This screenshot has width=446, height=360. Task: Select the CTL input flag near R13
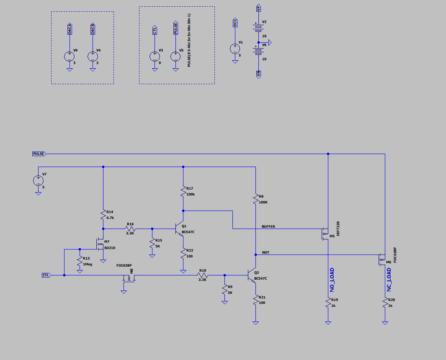[x=46, y=275]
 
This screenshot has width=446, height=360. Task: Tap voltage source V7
[x=38, y=180]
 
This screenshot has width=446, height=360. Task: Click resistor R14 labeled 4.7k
[x=103, y=215]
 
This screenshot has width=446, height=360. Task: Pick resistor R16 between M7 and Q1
[x=130, y=229]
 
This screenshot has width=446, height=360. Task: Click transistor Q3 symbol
[x=253, y=275]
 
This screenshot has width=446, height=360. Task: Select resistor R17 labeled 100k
[x=183, y=191]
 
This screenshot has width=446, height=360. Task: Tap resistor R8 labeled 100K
[x=255, y=199]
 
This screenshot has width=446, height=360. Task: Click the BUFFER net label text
[x=268, y=226]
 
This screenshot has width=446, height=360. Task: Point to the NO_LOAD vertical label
[x=332, y=280]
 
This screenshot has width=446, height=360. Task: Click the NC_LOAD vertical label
[x=388, y=280]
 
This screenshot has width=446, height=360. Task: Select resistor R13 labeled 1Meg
[x=79, y=262]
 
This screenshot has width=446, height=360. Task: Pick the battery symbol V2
[x=258, y=27]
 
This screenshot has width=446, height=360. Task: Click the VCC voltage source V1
[x=235, y=49]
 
